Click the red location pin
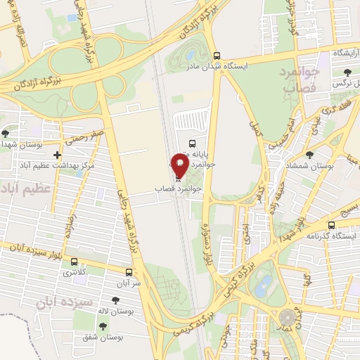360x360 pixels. [179, 165]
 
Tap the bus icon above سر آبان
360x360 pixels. [129, 272]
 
